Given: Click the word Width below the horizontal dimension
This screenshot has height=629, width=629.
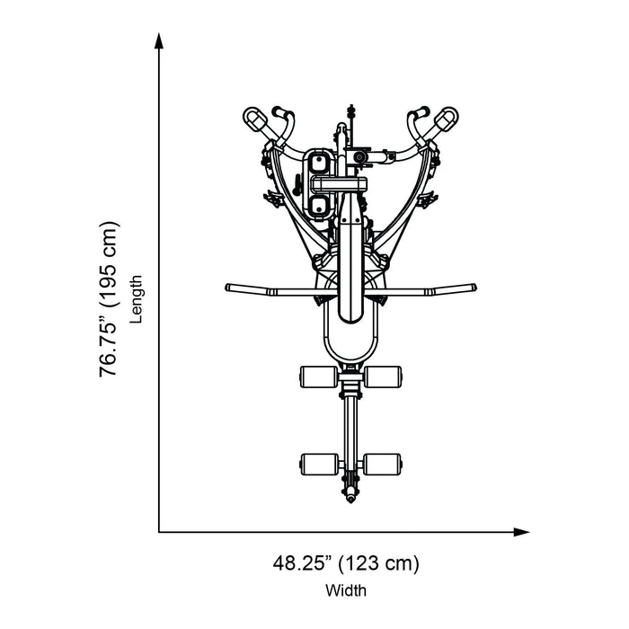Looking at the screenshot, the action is click(x=346, y=590).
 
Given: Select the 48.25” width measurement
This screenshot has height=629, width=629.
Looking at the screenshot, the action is click(x=303, y=563).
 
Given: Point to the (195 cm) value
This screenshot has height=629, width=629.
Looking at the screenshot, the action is click(x=109, y=264).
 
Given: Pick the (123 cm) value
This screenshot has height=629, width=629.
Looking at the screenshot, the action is click(x=378, y=563).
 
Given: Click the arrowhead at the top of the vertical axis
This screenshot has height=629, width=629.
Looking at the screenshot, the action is click(x=159, y=41).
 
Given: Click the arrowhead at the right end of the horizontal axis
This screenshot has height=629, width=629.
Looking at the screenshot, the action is click(x=521, y=532).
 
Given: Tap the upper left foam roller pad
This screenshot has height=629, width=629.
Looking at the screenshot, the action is click(x=319, y=377).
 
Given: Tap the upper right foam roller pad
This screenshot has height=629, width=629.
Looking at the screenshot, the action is click(x=382, y=377).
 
